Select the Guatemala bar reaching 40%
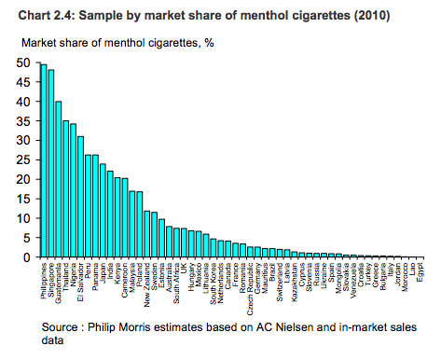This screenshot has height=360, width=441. (58, 179)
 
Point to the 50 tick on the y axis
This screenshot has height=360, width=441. (25, 62)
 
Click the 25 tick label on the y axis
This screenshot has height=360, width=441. (25, 159)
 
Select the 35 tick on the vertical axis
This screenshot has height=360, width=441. (25, 121)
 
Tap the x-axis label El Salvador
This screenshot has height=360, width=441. (81, 283)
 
